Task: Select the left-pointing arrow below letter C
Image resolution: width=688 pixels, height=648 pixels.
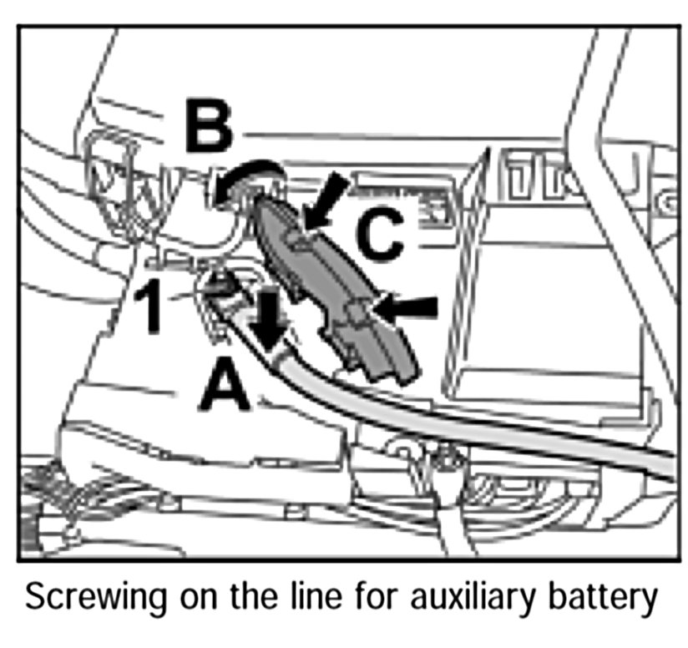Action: click(407, 309)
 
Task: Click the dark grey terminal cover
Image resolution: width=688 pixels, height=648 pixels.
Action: click(334, 284)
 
